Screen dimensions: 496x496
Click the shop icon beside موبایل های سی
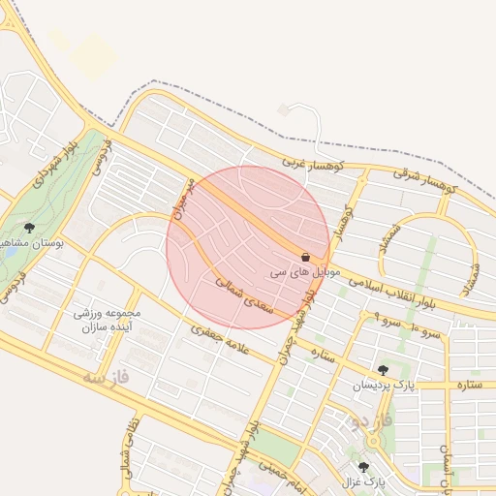306,258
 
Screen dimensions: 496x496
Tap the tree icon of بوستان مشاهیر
29,229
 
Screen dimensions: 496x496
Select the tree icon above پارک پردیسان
384,369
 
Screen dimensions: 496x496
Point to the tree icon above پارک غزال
363,466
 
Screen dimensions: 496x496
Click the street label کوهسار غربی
308,168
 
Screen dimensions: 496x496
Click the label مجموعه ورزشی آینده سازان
108,322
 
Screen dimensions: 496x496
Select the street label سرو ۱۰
426,332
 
